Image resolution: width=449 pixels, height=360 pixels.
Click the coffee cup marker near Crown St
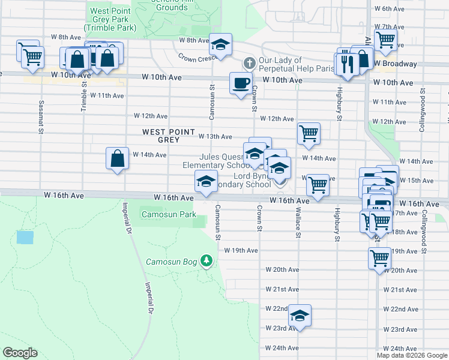(x=241, y=83)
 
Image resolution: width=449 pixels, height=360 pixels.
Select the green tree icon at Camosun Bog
(x=206, y=260)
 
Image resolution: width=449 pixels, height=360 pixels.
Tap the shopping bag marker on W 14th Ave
(x=117, y=159)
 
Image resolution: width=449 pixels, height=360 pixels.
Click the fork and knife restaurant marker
(x=346, y=64)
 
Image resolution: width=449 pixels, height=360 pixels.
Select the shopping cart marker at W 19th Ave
(x=379, y=258)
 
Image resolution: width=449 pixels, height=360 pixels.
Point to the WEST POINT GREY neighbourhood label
(x=169, y=136)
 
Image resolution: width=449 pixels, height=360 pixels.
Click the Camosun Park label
(x=169, y=214)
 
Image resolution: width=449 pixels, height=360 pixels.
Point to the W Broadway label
(x=394, y=64)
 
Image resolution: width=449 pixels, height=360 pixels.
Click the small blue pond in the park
(x=25, y=237)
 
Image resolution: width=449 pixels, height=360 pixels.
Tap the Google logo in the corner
(x=20, y=353)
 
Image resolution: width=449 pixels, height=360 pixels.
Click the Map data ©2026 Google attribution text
(x=411, y=355)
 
